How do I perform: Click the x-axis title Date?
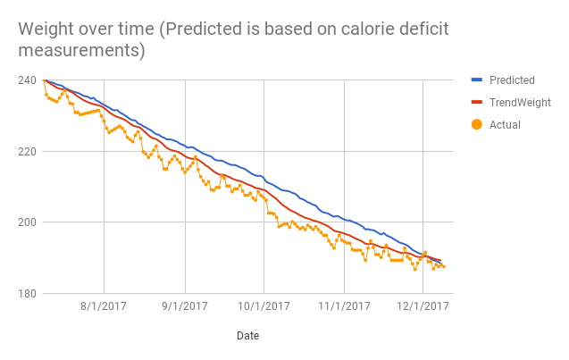click(248, 336)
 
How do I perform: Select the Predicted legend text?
click(512, 80)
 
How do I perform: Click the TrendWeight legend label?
click(520, 103)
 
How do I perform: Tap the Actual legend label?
click(505, 125)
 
